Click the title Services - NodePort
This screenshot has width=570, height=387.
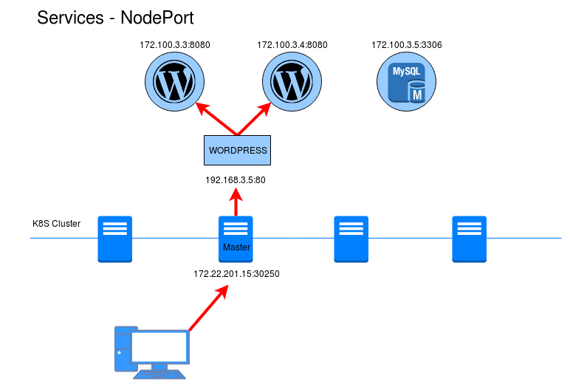pos(115,18)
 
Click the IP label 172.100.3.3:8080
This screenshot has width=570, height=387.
pos(175,45)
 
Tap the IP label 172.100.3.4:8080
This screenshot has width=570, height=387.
pos(292,45)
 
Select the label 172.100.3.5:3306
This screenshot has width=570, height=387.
pos(407,45)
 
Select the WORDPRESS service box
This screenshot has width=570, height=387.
pos(238,150)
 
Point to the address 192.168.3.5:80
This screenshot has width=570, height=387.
pos(236,179)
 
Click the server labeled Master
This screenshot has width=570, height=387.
pos(236,239)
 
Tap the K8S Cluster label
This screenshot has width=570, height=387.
pos(56,223)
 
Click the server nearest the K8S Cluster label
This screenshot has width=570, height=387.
pos(115,239)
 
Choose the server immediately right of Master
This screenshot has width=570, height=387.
pos(351,239)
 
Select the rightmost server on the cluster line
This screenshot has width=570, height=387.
pos(470,239)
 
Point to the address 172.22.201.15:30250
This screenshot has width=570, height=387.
pos(236,274)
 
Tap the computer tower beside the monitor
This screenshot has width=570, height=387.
pos(121,349)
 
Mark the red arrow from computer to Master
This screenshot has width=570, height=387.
pos(207,309)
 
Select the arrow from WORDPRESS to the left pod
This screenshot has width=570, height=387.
pos(217,120)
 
